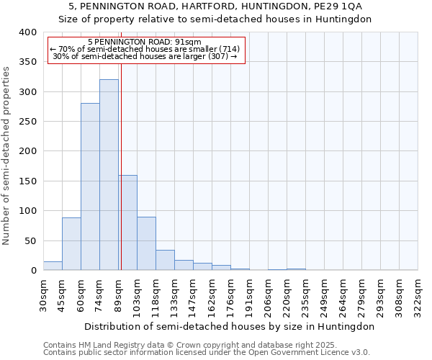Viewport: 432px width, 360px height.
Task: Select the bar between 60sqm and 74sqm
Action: tap(90, 186)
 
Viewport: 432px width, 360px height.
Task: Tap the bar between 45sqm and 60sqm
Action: tap(71, 244)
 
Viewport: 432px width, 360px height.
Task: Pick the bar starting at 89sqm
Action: tap(127, 222)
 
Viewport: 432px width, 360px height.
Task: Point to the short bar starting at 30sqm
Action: tap(53, 266)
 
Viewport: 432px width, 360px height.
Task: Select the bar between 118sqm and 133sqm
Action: tap(165, 260)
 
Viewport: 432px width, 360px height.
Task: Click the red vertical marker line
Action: tap(121, 158)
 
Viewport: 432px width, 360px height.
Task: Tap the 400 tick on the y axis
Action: tap(27, 32)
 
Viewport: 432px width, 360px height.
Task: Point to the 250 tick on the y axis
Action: tap(27, 122)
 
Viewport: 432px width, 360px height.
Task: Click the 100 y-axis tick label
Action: tap(27, 211)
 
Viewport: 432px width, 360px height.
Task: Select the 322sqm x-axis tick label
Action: tap(418, 295)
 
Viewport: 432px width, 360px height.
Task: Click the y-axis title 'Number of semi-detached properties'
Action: tap(7, 156)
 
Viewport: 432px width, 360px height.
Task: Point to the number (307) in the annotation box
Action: tap(217, 56)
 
